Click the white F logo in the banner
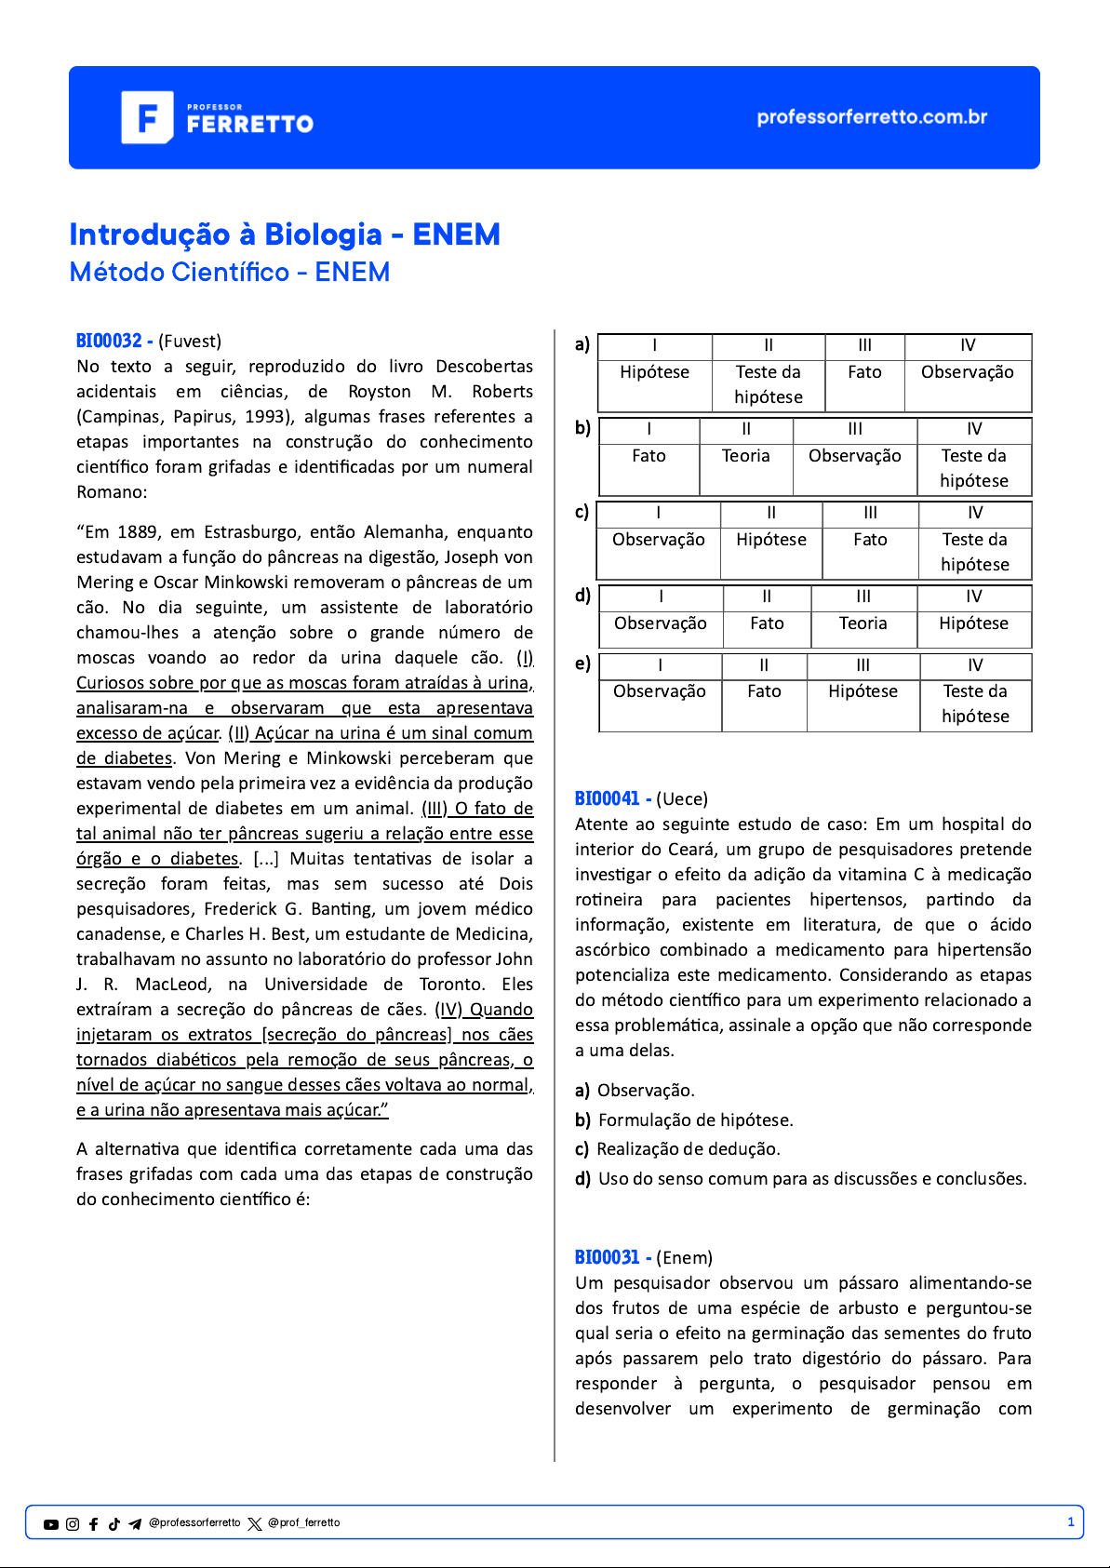coord(147,117)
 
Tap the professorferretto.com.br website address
coord(872,117)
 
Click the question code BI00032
coord(109,341)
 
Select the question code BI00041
coord(608,798)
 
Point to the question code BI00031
coord(608,1257)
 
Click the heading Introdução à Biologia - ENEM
coord(285,235)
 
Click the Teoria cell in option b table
coord(746,456)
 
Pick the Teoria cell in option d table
coord(863,623)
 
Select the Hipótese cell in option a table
coord(655,372)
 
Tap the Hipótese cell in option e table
coord(863,691)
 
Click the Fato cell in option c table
coord(870,540)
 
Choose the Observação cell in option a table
coord(968,372)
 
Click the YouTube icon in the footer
coord(51,1524)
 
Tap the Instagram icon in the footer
coord(73,1524)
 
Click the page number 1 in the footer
coord(1071,1522)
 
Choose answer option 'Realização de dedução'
coord(689,1149)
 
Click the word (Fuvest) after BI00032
coord(190,341)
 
